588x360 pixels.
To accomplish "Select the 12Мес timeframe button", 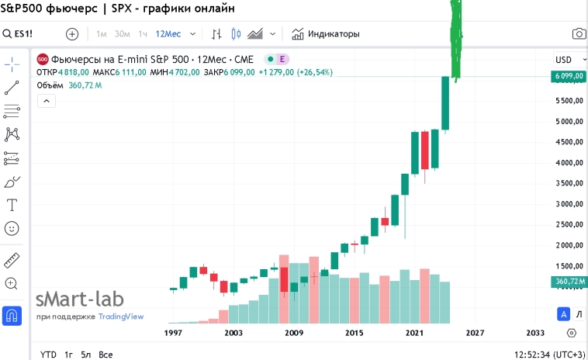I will point(168,34).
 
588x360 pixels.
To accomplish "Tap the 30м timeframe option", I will point(122,34).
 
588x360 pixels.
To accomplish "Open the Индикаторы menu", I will point(326,34).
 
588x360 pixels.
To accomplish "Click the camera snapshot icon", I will point(579,34).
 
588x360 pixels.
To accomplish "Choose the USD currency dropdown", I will point(567,60).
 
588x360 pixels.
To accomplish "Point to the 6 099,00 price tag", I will point(569,76).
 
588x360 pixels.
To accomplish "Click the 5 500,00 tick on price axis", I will point(569,102).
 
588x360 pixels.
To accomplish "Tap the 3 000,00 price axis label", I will point(569,204).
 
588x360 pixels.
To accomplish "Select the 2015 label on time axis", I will point(354,333).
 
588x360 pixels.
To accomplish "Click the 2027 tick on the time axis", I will point(475,333).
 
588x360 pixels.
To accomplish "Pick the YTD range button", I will point(48,355).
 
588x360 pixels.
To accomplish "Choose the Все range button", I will point(105,355).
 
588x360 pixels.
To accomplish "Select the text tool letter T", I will point(12,206).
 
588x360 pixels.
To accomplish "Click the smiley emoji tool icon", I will point(12,229).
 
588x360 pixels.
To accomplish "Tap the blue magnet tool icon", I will point(12,315).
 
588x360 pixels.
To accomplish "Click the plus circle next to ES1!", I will point(72,34).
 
